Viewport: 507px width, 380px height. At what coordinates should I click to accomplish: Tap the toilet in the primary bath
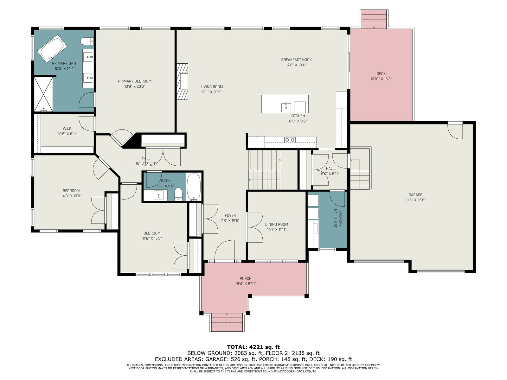click(x=87, y=41)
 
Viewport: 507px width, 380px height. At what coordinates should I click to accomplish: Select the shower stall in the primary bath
click(x=43, y=94)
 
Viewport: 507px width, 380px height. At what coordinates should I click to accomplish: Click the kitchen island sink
click(x=286, y=107)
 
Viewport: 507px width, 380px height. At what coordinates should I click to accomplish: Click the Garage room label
click(x=415, y=195)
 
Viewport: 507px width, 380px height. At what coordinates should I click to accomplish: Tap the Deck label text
click(x=381, y=73)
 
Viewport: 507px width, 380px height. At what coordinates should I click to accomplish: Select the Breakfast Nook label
click(x=296, y=60)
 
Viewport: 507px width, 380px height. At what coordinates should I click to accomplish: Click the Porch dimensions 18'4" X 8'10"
click(x=246, y=283)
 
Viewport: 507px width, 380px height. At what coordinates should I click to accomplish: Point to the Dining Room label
click(x=277, y=224)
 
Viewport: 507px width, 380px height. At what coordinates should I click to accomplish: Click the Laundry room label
click(x=340, y=218)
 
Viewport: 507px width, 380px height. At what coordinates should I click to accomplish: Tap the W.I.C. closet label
click(x=67, y=129)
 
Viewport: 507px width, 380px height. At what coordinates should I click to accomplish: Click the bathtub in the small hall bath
click(x=194, y=187)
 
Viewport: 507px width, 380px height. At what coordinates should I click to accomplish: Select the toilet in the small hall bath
click(x=178, y=194)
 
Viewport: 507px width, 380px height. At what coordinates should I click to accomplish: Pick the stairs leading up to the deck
click(x=374, y=19)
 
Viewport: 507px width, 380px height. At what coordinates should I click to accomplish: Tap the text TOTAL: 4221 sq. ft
click(x=253, y=347)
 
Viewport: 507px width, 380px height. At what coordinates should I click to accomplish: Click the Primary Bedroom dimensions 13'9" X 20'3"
click(x=135, y=86)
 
